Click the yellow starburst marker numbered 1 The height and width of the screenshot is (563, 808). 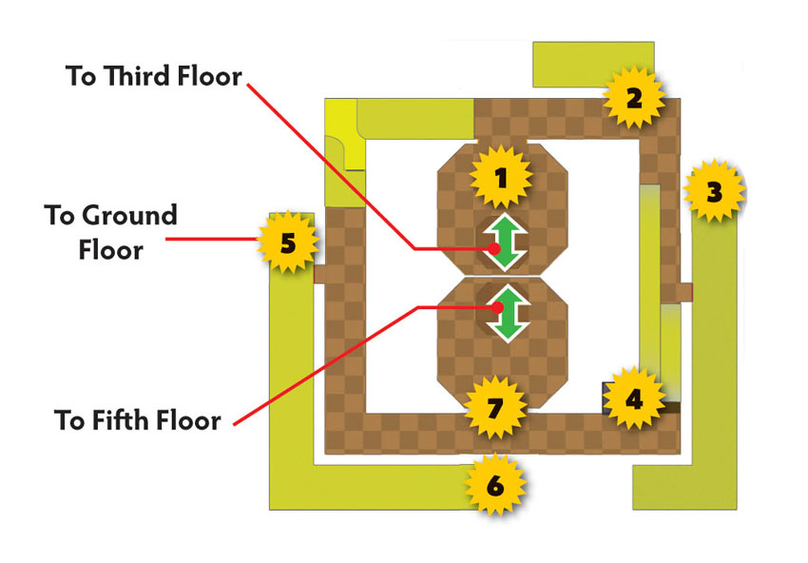pos(501,177)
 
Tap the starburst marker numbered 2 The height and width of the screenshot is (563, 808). pos(634,97)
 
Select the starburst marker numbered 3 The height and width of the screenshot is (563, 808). pos(714,191)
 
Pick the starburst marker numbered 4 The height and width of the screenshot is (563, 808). pos(634,398)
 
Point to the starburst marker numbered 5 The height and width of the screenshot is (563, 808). pos(288,243)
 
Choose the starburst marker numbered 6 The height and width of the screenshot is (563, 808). pos(495,485)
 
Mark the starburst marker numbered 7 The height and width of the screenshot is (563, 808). pos(495,407)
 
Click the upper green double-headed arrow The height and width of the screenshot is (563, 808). pos(505,243)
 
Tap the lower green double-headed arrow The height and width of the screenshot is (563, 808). pos(508,314)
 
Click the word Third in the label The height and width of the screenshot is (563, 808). pos(138,76)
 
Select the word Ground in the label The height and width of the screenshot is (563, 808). pos(130,215)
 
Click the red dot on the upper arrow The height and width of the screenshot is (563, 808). pos(494,249)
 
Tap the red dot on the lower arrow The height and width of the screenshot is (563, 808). pos(497,308)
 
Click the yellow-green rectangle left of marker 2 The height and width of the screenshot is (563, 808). pos(592,65)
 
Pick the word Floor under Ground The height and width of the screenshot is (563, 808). pos(111,250)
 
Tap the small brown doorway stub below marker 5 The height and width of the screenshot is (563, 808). pos(319,273)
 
